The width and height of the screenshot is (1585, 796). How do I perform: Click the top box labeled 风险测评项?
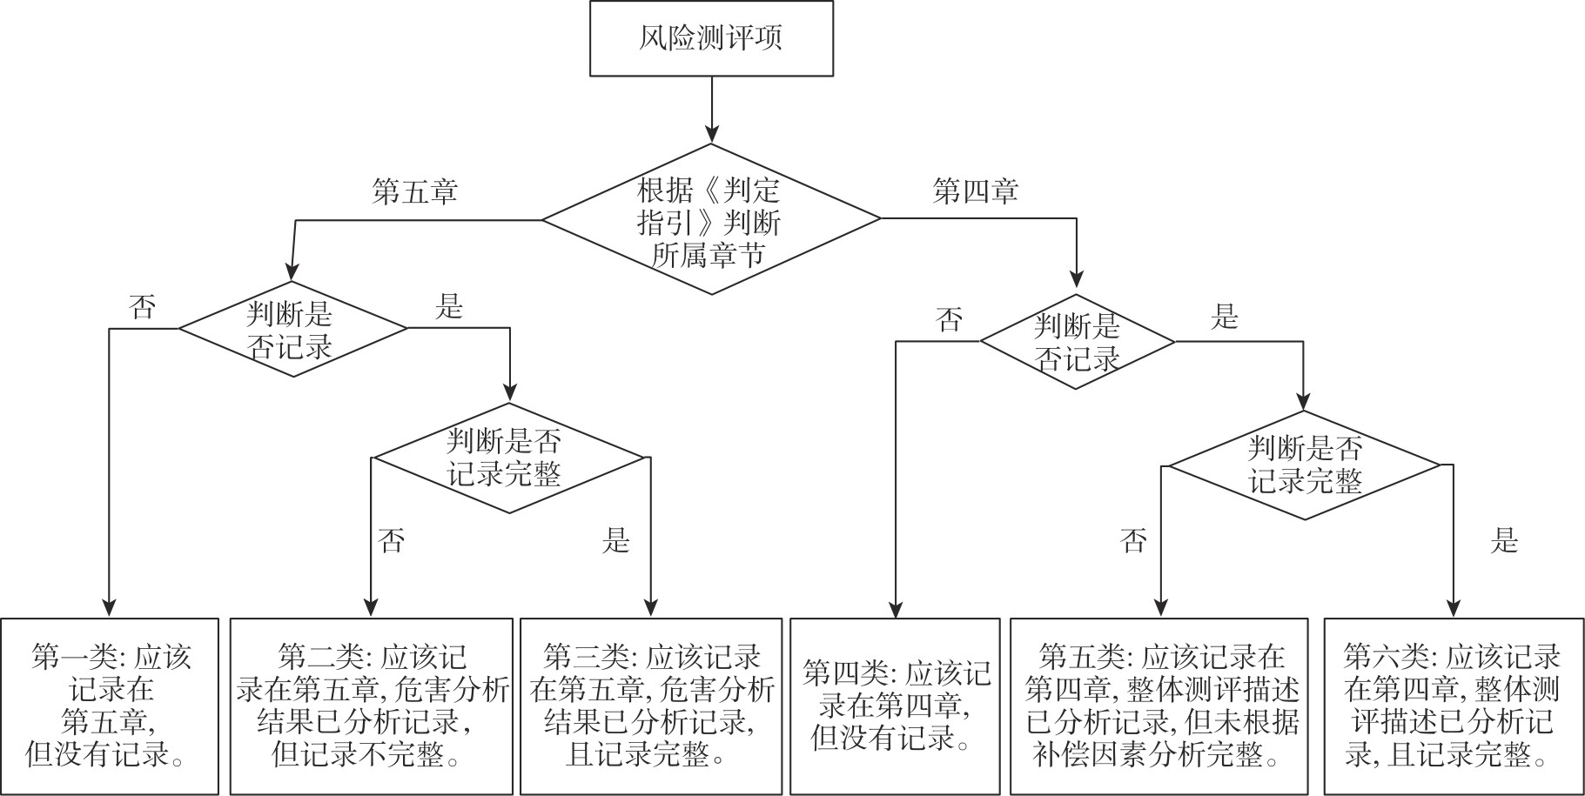(x=711, y=38)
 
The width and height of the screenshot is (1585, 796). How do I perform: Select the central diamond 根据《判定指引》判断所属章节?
(x=711, y=219)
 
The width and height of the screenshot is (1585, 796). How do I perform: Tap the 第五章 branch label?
(x=414, y=191)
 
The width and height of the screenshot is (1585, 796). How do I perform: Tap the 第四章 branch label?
(x=975, y=191)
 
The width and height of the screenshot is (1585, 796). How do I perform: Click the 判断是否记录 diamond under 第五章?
(x=292, y=329)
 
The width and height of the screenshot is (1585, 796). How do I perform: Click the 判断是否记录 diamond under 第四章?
(x=1078, y=342)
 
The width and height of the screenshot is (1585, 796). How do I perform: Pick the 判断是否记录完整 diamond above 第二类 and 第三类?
(x=509, y=458)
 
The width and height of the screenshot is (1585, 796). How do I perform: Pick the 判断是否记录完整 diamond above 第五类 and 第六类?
(x=1305, y=465)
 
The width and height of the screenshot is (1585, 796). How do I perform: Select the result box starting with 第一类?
(x=110, y=706)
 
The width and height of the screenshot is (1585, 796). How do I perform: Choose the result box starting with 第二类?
(x=371, y=706)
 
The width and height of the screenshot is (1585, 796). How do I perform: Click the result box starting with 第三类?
(x=651, y=706)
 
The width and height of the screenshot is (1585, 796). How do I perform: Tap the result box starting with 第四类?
(x=895, y=706)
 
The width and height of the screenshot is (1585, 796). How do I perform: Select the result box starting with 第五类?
(x=1159, y=706)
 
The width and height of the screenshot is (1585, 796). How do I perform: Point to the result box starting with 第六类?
(x=1454, y=706)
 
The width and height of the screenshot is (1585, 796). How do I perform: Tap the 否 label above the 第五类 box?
(x=1133, y=541)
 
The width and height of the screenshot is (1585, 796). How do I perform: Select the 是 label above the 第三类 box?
(x=615, y=541)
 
